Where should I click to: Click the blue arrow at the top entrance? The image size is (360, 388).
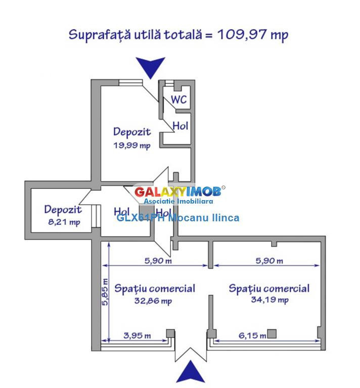pyautogui.click(x=151, y=67)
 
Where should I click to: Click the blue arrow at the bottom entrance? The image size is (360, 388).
pyautogui.click(x=191, y=373)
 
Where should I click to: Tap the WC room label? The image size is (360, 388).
pyautogui.click(x=178, y=100)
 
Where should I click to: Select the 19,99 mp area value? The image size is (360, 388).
pyautogui.click(x=132, y=146)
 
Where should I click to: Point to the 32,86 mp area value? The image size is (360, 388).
pyautogui.click(x=154, y=301)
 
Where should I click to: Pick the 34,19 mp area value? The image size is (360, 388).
pyautogui.click(x=269, y=300)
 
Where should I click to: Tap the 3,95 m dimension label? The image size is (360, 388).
pyautogui.click(x=137, y=335)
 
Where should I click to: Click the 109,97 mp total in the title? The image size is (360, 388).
pyautogui.click(x=253, y=34)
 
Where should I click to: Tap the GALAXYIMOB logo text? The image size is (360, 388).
pyautogui.click(x=177, y=192)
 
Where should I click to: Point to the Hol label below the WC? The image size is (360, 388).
pyautogui.click(x=181, y=125)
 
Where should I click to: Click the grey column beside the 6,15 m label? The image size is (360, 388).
pyautogui.click(x=272, y=333)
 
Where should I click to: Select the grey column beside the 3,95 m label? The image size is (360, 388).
pyautogui.click(x=171, y=333)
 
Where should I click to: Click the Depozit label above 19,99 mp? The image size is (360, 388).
pyautogui.click(x=132, y=132)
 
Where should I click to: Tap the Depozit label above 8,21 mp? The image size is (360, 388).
pyautogui.click(x=63, y=209)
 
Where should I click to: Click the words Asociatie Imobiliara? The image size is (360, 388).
pyautogui.click(x=178, y=201)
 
